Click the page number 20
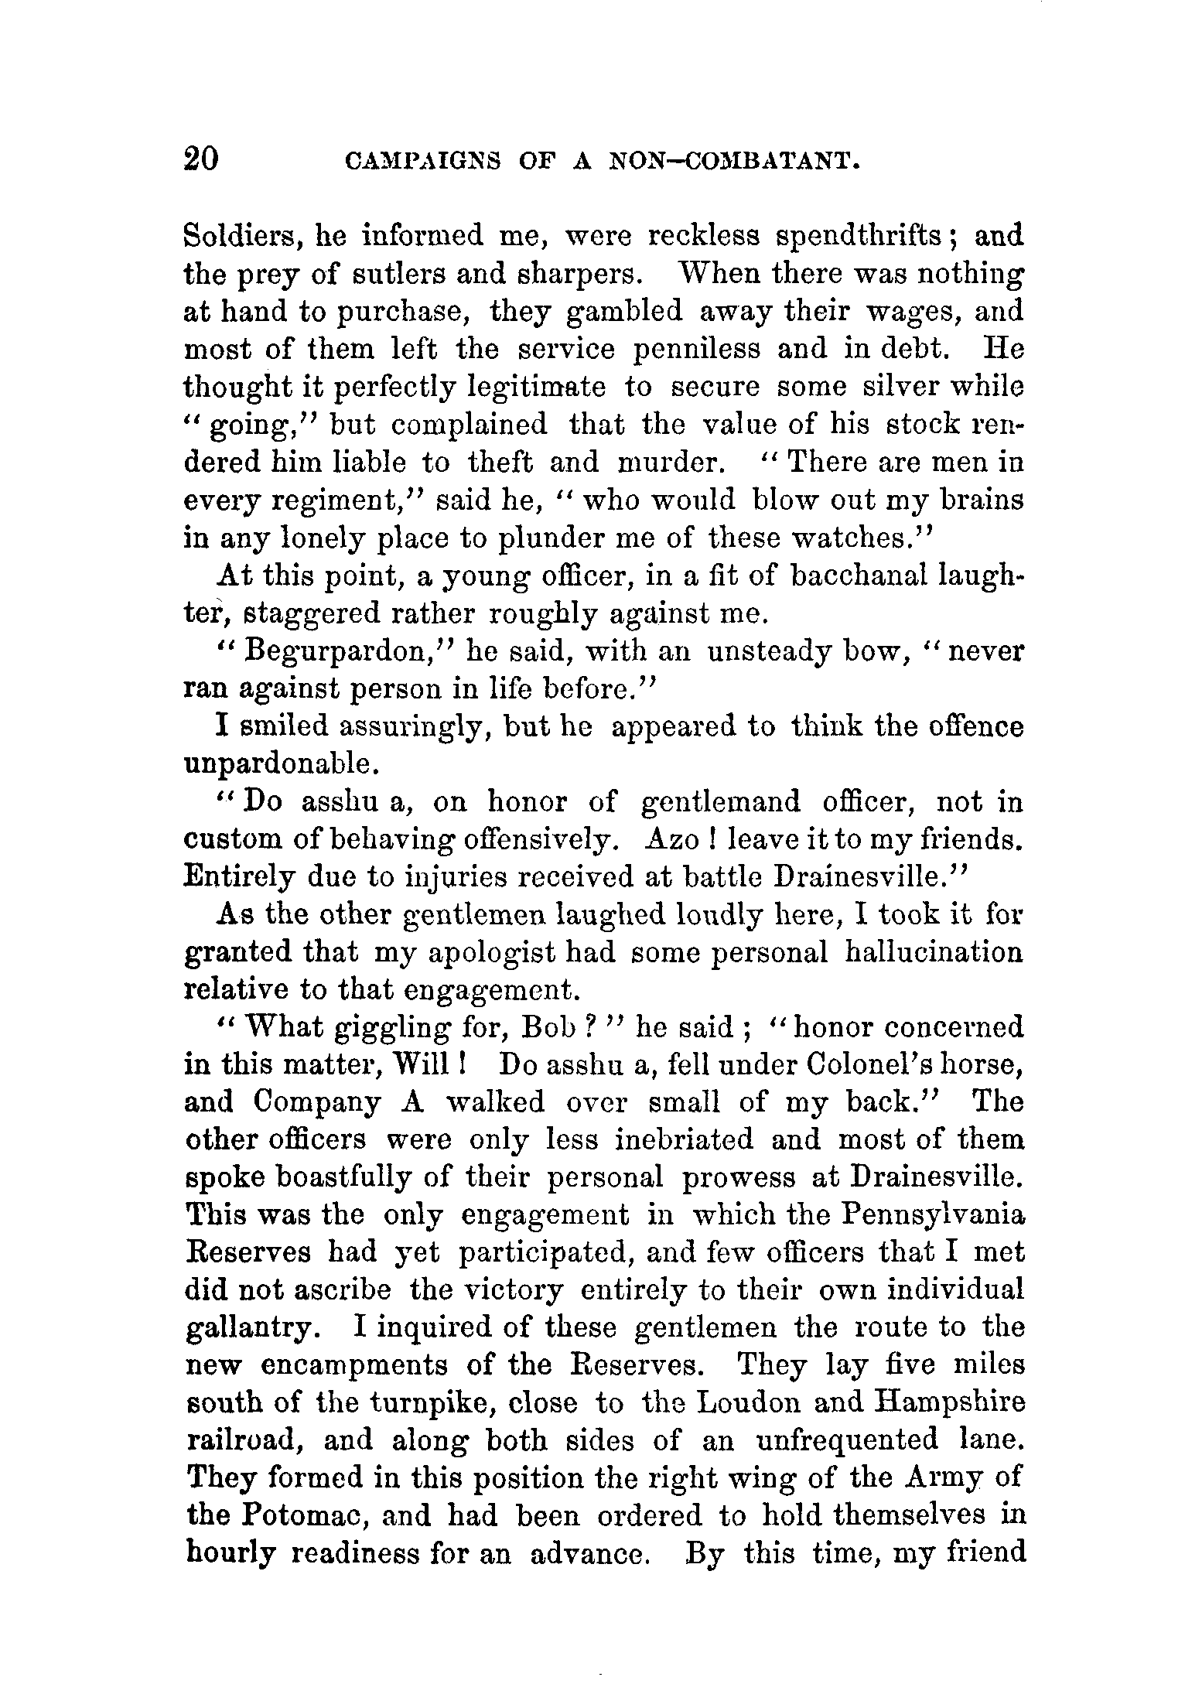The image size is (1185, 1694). (x=203, y=159)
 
